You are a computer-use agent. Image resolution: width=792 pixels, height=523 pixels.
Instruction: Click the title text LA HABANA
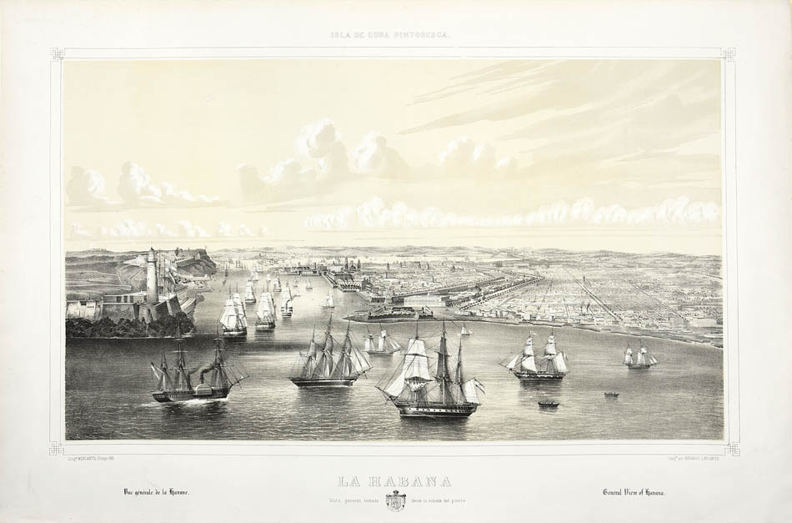click(395, 481)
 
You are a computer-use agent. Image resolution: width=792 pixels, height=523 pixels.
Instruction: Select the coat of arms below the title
click(396, 500)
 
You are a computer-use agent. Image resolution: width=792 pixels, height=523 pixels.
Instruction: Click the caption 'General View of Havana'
click(638, 492)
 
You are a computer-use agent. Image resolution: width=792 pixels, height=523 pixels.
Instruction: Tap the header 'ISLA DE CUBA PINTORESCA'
click(395, 36)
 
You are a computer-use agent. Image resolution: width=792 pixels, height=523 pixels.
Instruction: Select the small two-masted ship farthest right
click(639, 356)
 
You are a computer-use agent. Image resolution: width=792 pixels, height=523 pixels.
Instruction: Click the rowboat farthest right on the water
click(611, 394)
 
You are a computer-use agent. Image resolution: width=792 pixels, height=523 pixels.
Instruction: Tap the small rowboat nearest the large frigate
click(548, 404)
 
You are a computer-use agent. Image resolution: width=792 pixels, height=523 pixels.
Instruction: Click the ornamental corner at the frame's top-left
click(58, 54)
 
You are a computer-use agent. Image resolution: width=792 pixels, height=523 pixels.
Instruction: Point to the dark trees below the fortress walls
click(125, 326)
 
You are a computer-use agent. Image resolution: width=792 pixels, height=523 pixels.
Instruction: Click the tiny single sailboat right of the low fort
click(465, 331)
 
